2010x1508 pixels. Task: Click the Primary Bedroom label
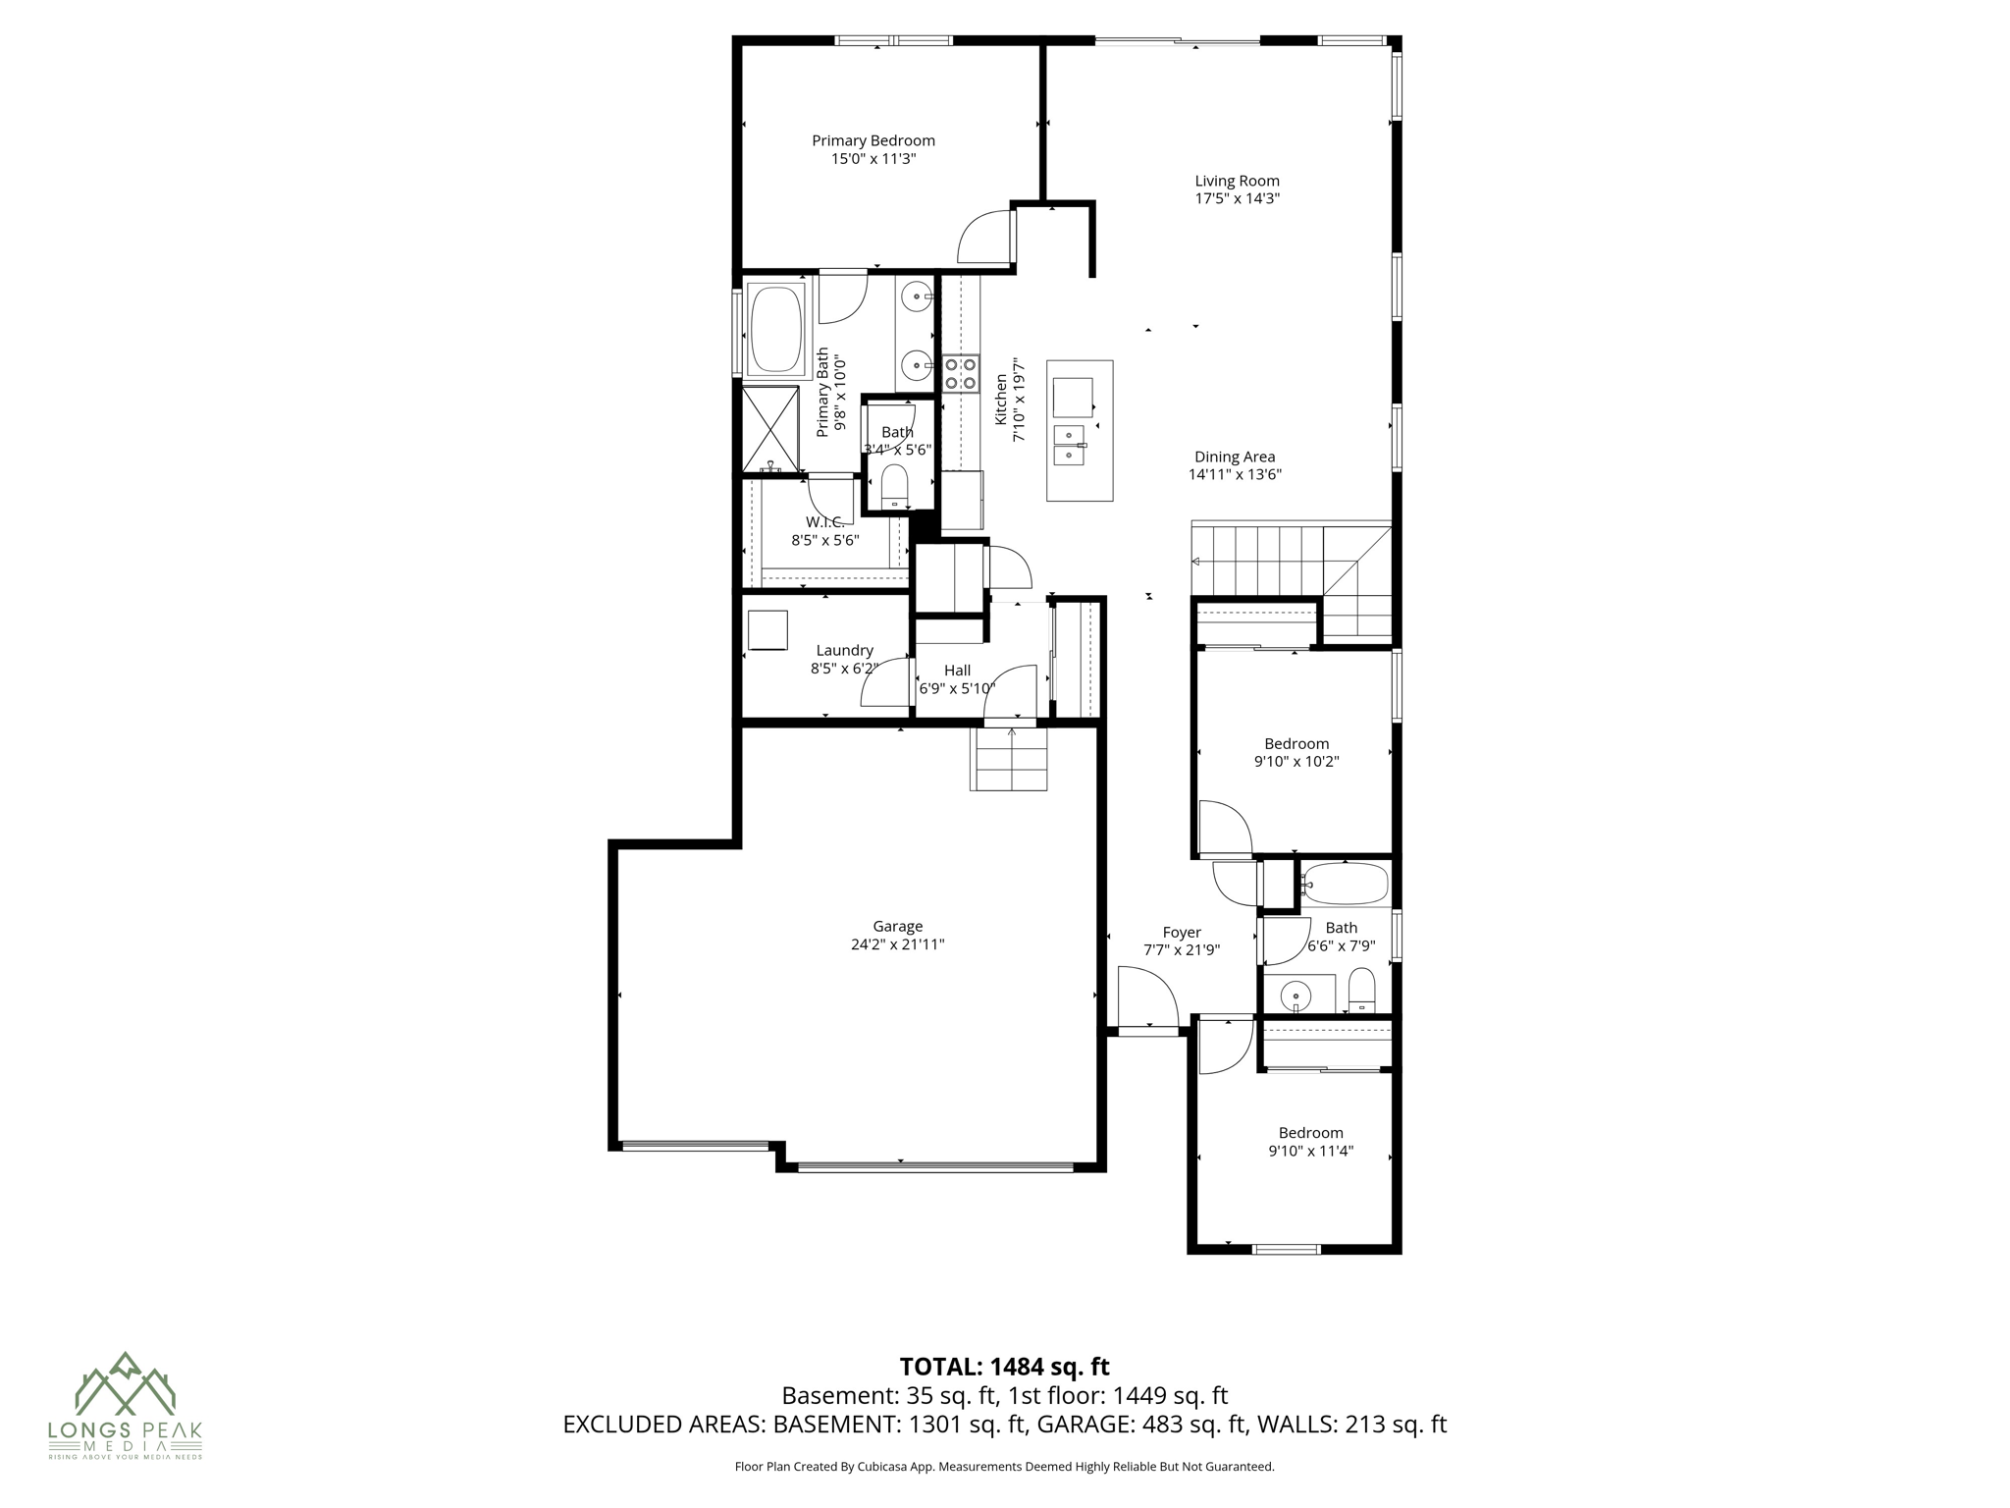click(873, 140)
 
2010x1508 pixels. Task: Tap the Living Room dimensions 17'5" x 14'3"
click(1237, 198)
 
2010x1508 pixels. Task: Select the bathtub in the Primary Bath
click(775, 329)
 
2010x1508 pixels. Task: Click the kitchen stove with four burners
click(961, 373)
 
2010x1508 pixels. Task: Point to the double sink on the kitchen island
click(1069, 445)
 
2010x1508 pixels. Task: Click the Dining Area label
click(1235, 457)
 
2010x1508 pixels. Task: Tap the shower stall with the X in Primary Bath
click(769, 429)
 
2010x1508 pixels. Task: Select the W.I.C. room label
click(824, 522)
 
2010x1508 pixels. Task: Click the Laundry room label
click(844, 650)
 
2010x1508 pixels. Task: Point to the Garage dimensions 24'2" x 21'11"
click(897, 944)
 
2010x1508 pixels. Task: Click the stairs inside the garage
click(1010, 759)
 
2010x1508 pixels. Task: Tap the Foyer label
click(1182, 933)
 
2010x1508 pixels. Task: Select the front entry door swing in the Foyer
click(1145, 996)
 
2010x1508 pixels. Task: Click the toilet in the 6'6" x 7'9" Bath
click(1362, 990)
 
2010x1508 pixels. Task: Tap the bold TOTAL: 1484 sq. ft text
click(1004, 1367)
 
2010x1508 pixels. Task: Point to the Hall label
click(957, 671)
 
